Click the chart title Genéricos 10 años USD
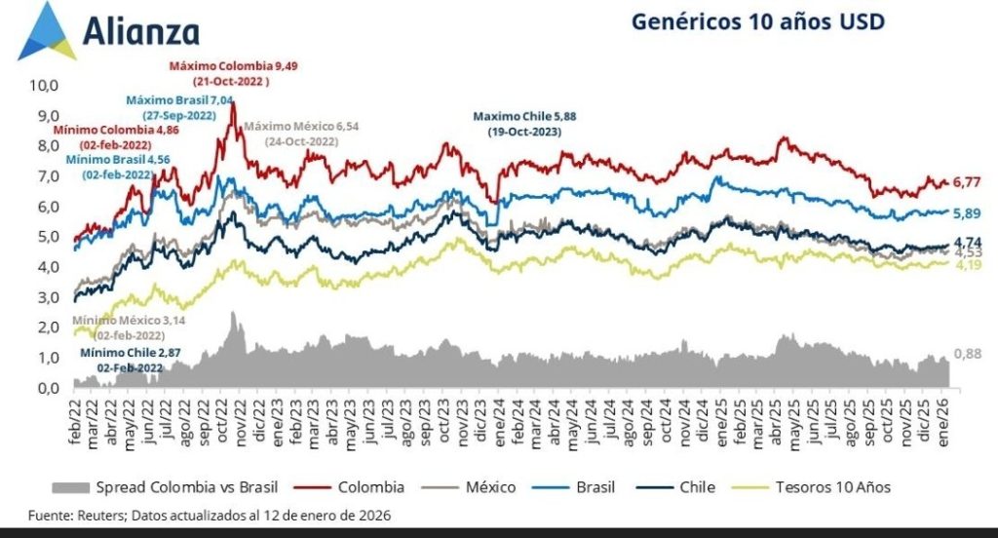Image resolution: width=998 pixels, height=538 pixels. (x=757, y=21)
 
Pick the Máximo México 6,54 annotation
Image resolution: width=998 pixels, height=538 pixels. (x=301, y=127)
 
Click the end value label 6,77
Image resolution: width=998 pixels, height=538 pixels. (x=968, y=182)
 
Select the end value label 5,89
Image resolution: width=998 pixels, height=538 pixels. (x=968, y=213)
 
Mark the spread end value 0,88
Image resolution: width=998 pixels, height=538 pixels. (x=968, y=354)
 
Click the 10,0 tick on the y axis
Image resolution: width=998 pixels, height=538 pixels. (x=46, y=85)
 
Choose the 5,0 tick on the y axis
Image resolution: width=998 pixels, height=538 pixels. (x=48, y=237)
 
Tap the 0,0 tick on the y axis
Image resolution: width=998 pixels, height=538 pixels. (x=48, y=389)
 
